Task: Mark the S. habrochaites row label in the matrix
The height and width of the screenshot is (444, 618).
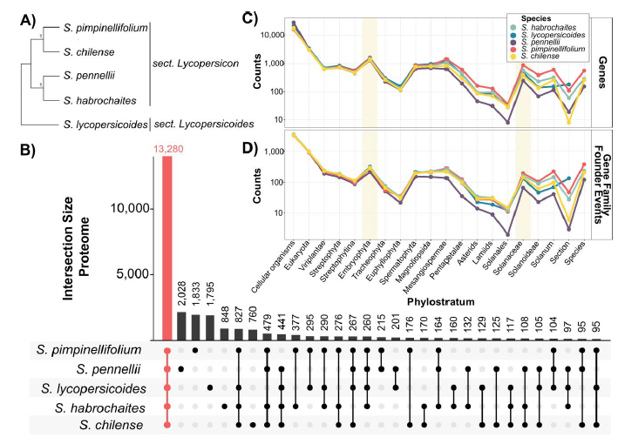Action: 102,407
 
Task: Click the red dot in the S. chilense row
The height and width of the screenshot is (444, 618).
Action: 167,425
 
